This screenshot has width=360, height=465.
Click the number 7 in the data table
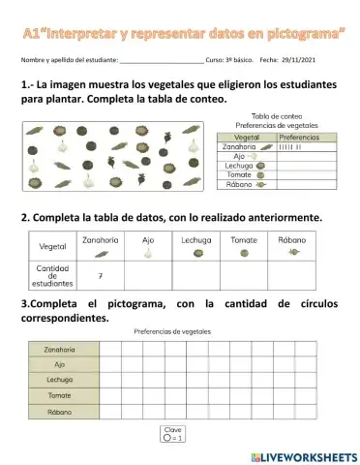(102, 275)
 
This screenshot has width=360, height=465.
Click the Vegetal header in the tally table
(248, 138)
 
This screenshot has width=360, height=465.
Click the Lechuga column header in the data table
(195, 239)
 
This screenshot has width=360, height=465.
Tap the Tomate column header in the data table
(243, 239)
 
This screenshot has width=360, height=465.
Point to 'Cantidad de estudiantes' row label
(52, 276)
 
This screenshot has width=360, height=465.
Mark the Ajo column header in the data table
(148, 239)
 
